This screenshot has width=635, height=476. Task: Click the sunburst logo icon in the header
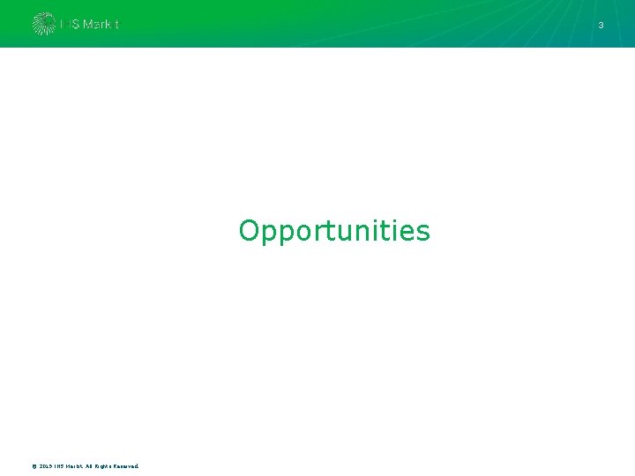pyautogui.click(x=43, y=24)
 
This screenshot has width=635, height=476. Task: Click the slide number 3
pyautogui.click(x=601, y=26)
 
